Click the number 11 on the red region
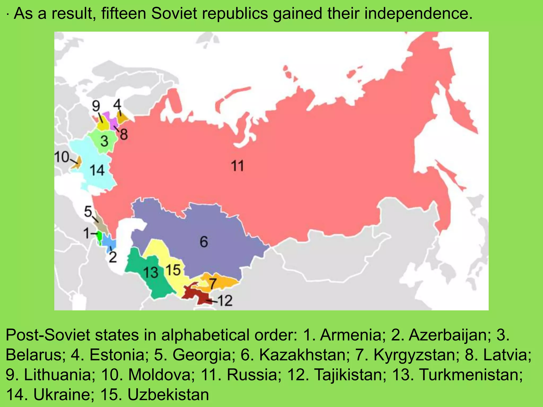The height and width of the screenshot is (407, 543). point(237,166)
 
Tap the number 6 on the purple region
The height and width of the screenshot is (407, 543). point(204,242)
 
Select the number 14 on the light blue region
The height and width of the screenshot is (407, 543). point(97,170)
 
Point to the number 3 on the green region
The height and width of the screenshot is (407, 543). point(104,141)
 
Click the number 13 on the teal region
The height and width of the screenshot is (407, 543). point(151,272)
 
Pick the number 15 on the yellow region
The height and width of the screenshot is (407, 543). point(173,270)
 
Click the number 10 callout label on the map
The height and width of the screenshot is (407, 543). point(62,157)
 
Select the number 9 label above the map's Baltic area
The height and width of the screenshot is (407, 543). point(96,106)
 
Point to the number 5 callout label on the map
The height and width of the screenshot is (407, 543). point(88,212)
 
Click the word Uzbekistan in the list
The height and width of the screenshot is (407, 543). point(168,395)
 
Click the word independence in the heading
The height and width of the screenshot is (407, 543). point(419,14)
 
